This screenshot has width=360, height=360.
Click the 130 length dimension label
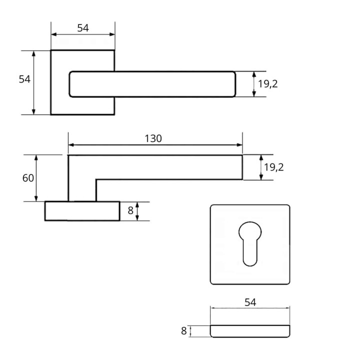point(153,138)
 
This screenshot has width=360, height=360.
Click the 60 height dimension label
point(28,178)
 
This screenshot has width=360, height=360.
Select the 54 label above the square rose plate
point(83,28)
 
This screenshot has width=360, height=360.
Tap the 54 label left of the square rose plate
point(24,79)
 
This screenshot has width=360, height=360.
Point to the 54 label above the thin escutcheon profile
point(250,302)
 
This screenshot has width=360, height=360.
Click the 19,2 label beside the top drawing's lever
point(267,84)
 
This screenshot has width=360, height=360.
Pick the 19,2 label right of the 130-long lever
point(273,167)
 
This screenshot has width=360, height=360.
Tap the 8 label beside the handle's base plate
point(130,210)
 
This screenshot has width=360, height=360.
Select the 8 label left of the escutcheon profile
point(183,331)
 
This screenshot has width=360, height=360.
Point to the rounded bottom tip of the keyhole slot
point(250,266)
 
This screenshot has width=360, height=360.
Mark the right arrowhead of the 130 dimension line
point(239,145)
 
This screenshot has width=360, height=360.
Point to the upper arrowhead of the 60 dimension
point(36,157)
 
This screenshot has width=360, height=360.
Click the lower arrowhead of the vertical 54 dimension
point(33,111)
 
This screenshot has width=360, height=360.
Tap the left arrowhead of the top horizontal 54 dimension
point(54,34)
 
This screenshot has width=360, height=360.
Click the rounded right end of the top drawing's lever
point(235,84)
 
